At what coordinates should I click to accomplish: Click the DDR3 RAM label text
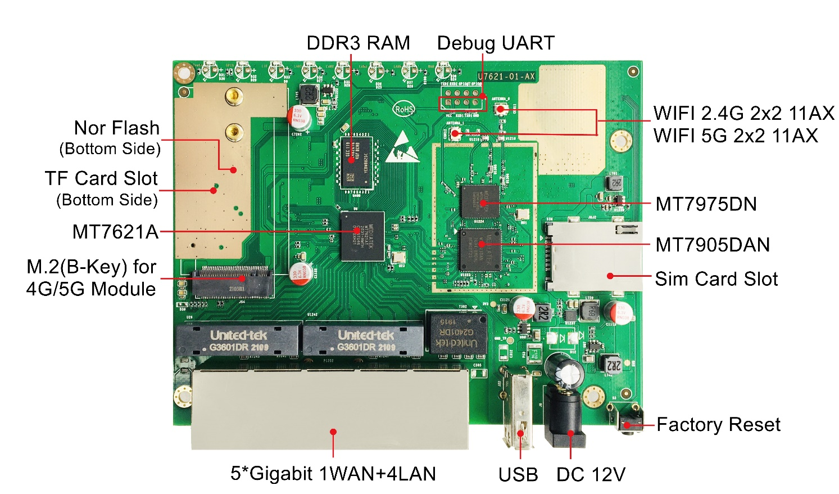(358, 43)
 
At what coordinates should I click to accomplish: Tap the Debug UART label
(496, 43)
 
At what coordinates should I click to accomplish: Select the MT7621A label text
(115, 231)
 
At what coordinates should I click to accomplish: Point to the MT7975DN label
(706, 204)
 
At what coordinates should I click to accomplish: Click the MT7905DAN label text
(712, 245)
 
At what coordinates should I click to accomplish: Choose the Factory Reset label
(718, 424)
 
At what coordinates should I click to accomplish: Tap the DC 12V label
(591, 474)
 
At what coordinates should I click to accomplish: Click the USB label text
(518, 474)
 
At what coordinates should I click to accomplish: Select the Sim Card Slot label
(716, 279)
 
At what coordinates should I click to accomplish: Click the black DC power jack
(564, 416)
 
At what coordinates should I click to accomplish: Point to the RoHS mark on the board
(404, 109)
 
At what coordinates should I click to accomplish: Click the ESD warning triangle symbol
(402, 147)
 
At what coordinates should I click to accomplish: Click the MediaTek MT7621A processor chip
(362, 236)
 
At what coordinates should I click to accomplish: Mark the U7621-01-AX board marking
(506, 77)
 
